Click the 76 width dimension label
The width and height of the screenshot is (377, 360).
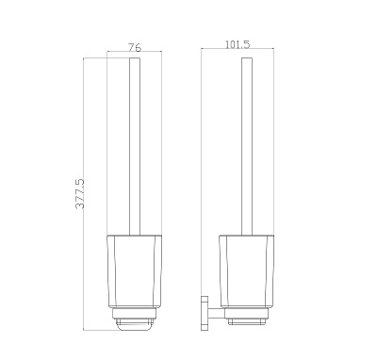tap(135, 47)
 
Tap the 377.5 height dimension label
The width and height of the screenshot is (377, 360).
tap(80, 193)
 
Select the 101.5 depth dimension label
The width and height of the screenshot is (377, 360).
tap(238, 44)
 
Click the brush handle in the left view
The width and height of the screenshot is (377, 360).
tap(135, 146)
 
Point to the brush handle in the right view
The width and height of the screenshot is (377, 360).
tap(247, 146)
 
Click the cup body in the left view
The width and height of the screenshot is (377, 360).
tap(135, 270)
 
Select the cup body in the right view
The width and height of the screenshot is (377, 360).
tap(247, 270)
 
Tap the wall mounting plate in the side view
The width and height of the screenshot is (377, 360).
tap(205, 313)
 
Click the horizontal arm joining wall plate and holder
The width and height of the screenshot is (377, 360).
tap(217, 313)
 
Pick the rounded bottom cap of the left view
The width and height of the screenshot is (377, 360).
tap(135, 325)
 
